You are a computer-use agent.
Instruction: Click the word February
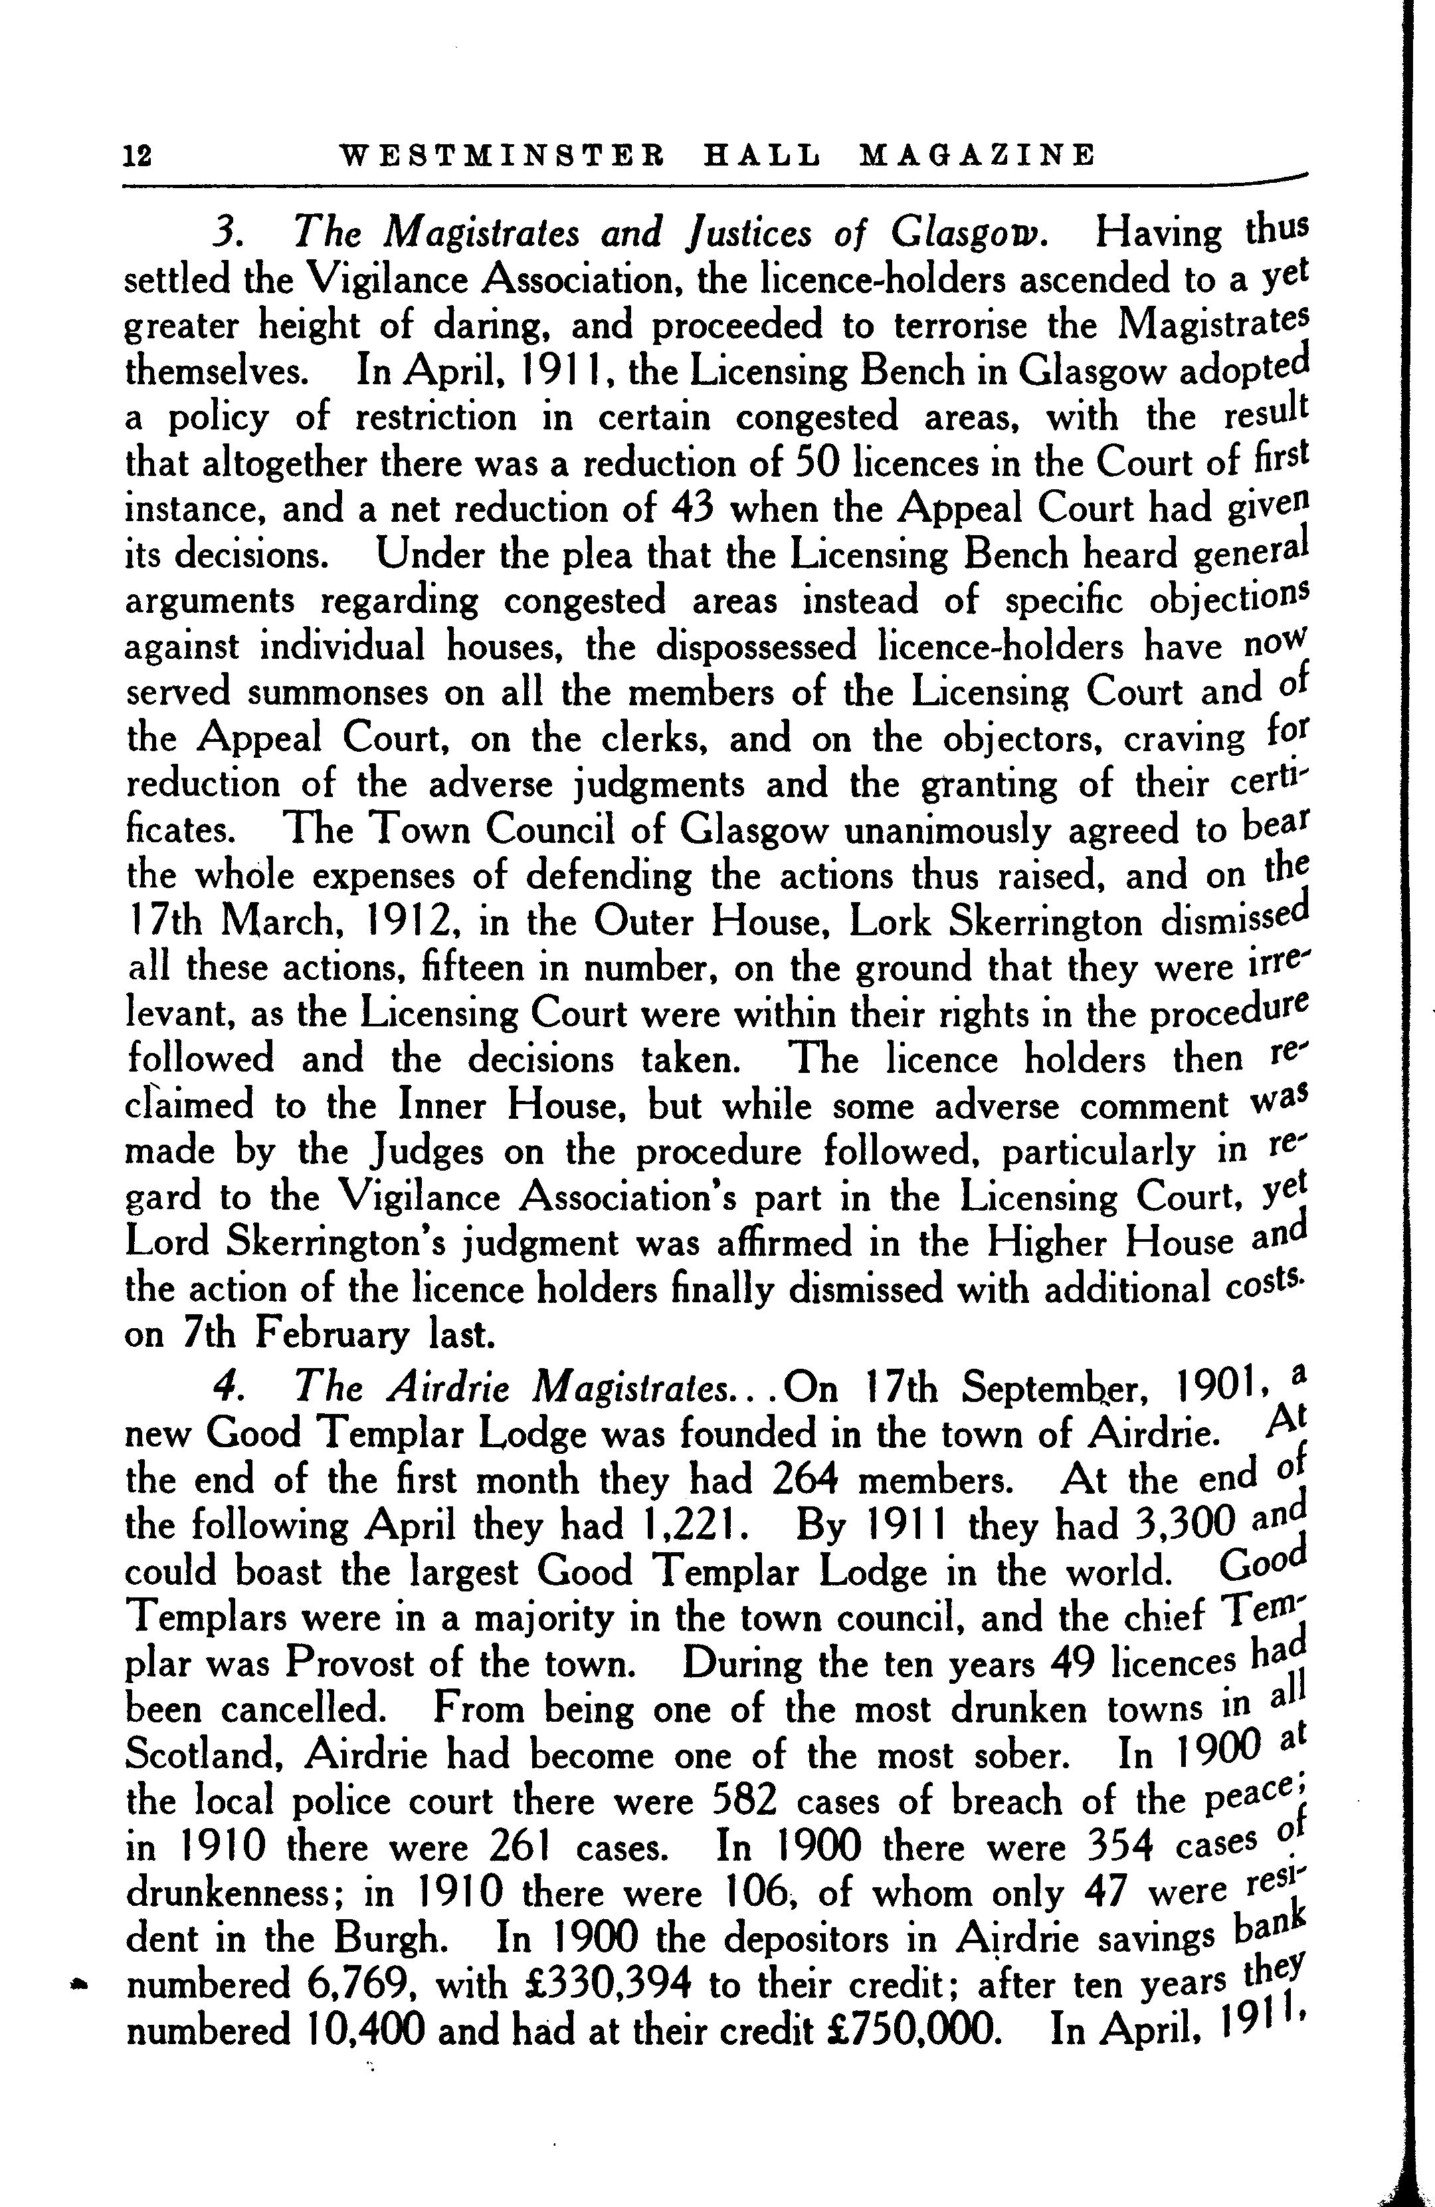[x=314, y=1336]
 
